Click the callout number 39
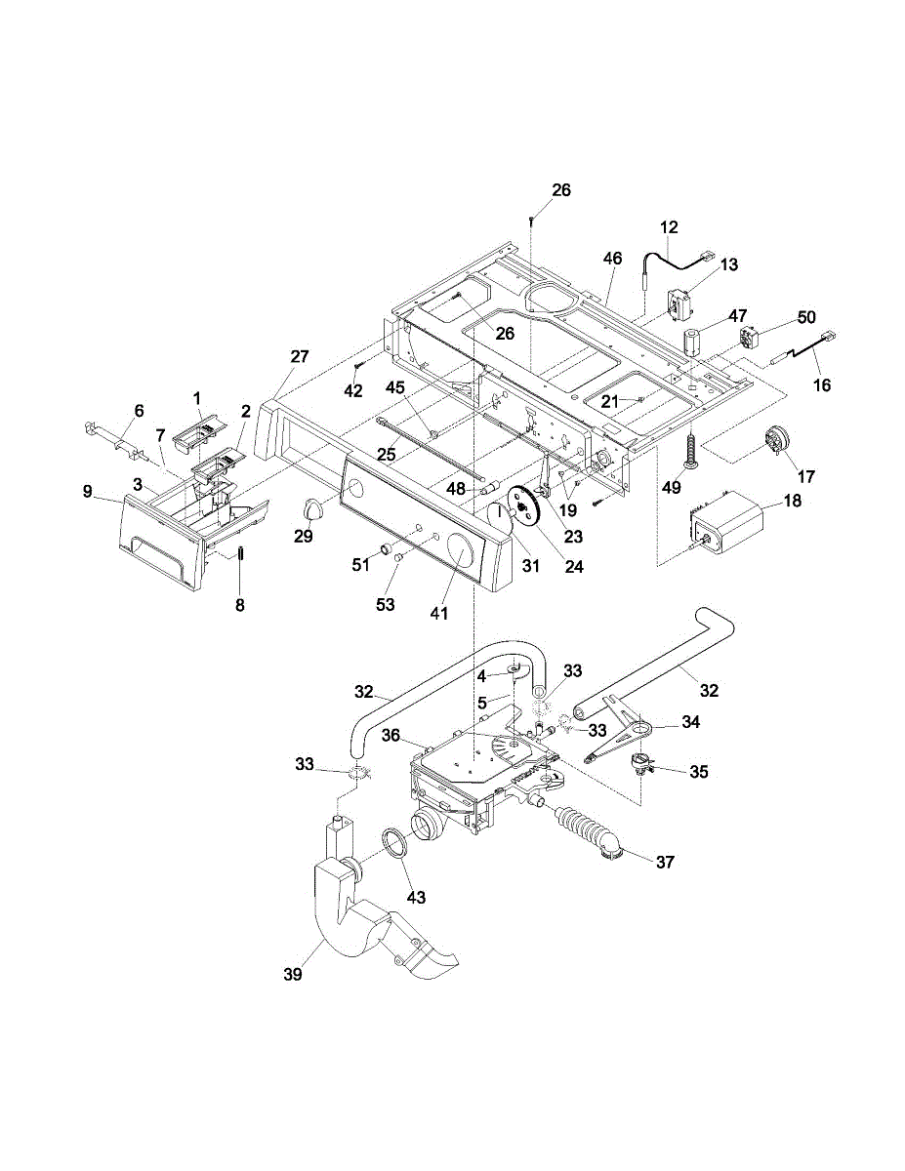coord(292,974)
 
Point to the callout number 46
coord(612,260)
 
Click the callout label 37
coord(664,863)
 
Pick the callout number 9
coord(88,493)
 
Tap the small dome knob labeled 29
coord(311,506)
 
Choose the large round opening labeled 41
coord(457,557)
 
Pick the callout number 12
coord(669,227)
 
